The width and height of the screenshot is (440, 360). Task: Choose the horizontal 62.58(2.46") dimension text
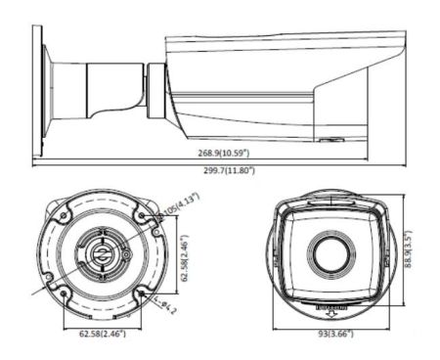(x=102, y=334)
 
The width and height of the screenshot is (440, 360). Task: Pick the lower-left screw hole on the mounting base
(x=62, y=292)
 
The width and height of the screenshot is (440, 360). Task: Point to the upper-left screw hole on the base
(x=61, y=213)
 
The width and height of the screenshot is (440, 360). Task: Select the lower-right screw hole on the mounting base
(x=142, y=292)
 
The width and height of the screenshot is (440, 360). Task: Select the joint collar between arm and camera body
(x=155, y=90)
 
